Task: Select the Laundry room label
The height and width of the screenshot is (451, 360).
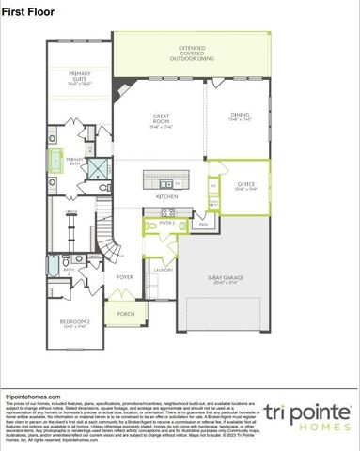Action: [163, 270]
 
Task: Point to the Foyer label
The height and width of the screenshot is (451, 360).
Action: [124, 278]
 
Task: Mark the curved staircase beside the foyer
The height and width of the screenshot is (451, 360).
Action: [112, 248]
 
